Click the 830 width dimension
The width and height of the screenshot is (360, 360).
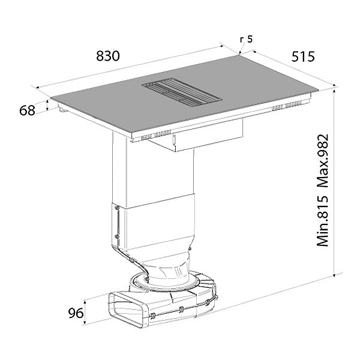coord(108,56)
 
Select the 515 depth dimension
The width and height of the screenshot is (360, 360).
coord(303,56)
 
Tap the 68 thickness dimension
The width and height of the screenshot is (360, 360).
coord(27,110)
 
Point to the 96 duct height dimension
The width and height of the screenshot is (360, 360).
coord(76,313)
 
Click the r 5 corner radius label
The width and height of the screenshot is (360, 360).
coord(246,39)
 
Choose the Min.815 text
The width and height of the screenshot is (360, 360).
coord(323,221)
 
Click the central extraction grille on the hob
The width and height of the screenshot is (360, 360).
coord(182,92)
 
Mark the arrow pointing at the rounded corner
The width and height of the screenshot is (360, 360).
coord(242,48)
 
